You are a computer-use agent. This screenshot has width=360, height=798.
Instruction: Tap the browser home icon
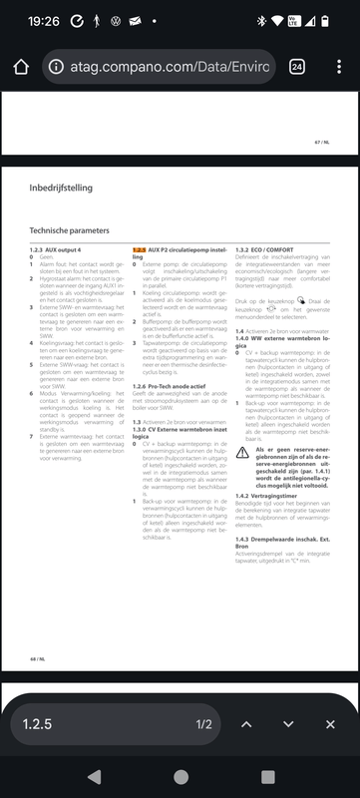tap(20, 67)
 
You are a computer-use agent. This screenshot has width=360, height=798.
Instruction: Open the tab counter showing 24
tap(297, 67)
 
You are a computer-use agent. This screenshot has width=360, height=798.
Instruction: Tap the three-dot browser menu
tap(336, 67)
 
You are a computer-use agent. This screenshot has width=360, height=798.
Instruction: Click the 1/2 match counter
tap(203, 724)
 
